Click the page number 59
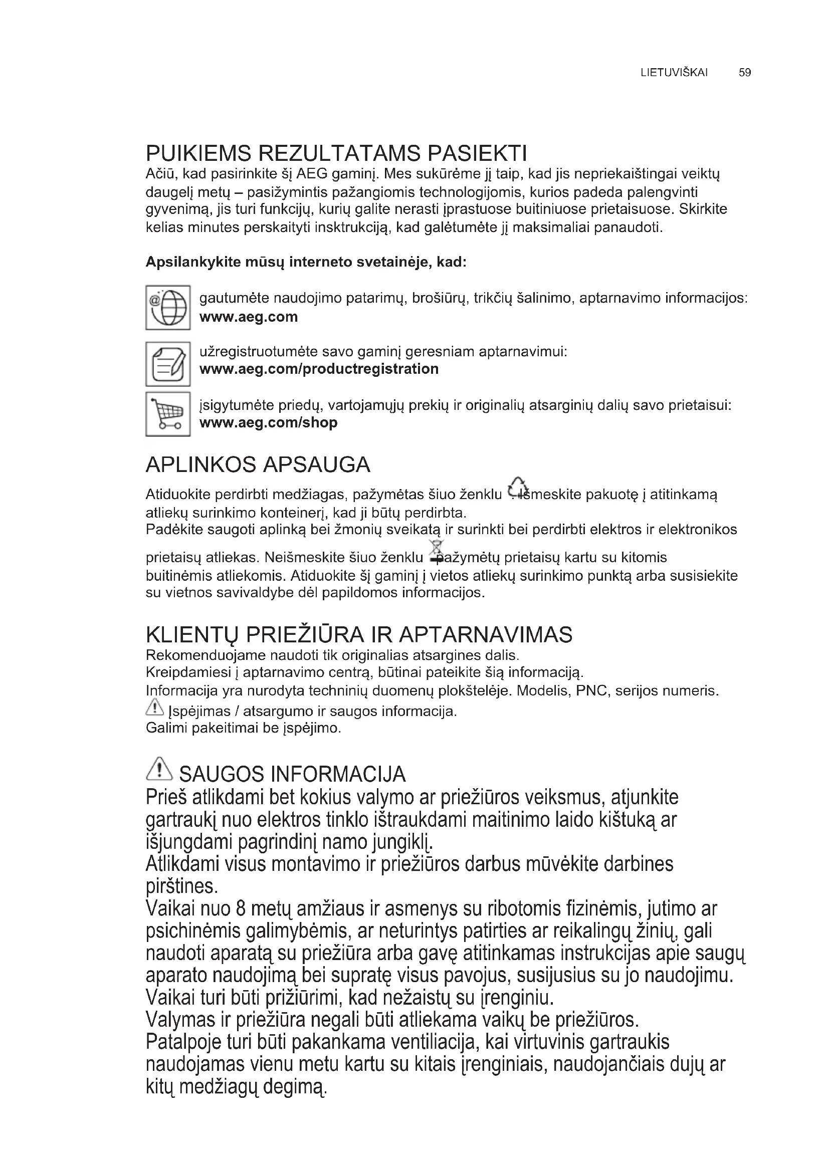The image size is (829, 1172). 745,73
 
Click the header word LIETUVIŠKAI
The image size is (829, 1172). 674,73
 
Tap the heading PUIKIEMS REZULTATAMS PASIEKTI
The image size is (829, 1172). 336,153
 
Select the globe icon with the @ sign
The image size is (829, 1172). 168,307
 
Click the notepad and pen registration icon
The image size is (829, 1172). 168,364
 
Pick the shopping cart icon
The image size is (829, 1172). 168,414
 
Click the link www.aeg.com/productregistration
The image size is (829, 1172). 319,369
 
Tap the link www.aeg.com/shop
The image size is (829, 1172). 269,423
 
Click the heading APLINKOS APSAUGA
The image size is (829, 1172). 258,464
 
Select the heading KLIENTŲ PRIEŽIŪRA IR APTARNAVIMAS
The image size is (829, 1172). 359,635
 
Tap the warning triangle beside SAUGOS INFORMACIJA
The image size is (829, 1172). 160,769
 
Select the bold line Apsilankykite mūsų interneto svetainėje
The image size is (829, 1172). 306,263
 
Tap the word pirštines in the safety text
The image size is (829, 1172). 182,887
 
